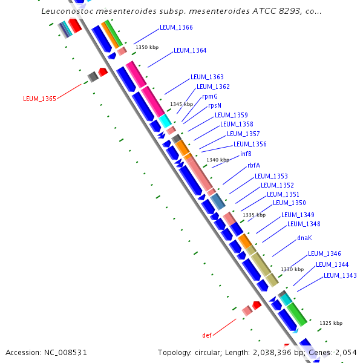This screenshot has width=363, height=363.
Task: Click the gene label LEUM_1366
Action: [x=176, y=28]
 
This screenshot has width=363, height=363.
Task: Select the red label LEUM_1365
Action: [x=39, y=99]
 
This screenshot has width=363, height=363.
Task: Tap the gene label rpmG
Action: [x=210, y=96]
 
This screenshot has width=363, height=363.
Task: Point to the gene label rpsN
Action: [x=215, y=105]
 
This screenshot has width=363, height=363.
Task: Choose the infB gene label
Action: [x=246, y=154]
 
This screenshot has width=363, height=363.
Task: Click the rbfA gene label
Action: [x=253, y=165]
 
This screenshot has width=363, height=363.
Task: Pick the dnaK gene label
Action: [x=304, y=238]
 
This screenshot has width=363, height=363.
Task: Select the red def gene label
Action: [x=207, y=335]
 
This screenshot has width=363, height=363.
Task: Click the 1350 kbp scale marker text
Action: [x=147, y=47]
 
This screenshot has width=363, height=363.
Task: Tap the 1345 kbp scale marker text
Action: [x=181, y=105]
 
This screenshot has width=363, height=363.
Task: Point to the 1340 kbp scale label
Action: [x=218, y=160]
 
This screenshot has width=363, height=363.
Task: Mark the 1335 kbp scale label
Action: [x=254, y=215]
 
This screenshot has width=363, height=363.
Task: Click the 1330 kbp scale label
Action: [x=292, y=269]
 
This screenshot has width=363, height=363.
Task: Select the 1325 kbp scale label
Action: [x=331, y=323]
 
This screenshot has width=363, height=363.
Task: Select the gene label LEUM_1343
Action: [x=340, y=275]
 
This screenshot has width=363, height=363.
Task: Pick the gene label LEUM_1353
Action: [x=271, y=176]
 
